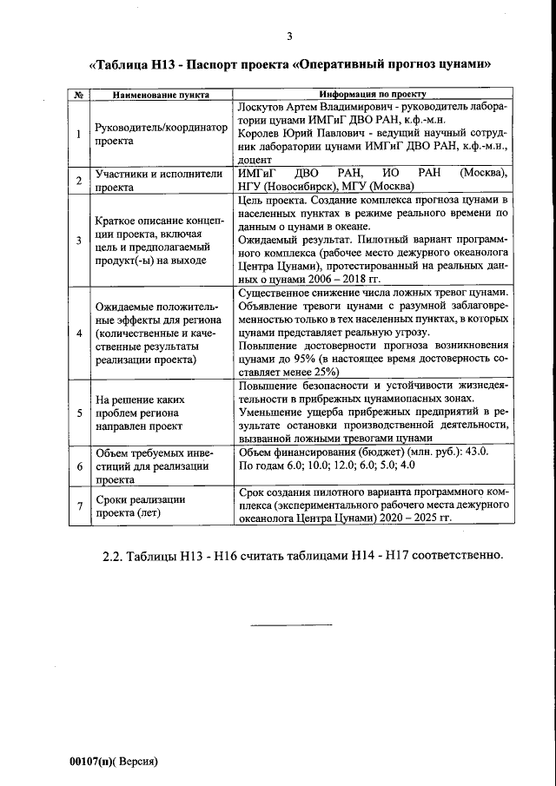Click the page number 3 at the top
(x=289, y=36)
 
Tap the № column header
(x=78, y=94)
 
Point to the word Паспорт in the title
(x=215, y=64)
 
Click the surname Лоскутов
(x=263, y=105)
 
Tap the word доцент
(x=255, y=161)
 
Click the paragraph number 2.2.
(x=118, y=556)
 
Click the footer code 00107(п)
(x=99, y=760)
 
